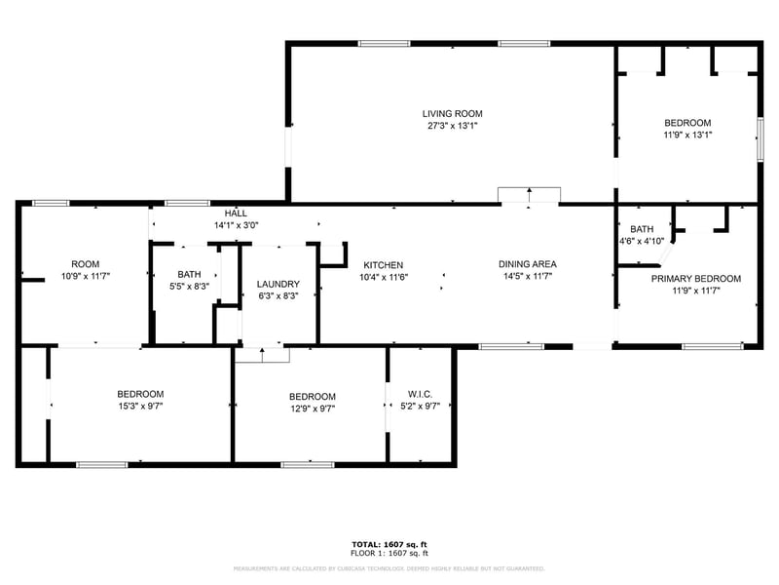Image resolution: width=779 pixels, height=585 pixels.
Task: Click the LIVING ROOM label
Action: coord(452,113)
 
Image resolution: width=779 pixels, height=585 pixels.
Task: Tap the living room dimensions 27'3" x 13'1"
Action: coord(452,126)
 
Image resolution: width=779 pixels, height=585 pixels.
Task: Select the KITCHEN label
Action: coord(383,265)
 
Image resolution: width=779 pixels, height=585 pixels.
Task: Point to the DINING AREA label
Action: coord(527,264)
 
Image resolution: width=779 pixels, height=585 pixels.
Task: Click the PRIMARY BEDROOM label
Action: coord(695,279)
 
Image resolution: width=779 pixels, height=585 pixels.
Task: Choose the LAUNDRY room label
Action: coord(278,285)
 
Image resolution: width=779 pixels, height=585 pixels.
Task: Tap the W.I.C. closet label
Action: coord(421,394)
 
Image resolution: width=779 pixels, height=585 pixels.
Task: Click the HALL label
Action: coord(236,213)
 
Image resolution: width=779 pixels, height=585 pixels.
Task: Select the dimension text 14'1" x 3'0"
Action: coord(236,225)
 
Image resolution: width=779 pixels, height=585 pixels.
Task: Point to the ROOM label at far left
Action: coord(85,264)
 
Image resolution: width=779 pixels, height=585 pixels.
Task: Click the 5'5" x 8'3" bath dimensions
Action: coord(189,287)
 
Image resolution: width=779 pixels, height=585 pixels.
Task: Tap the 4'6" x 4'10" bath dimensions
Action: coord(641,241)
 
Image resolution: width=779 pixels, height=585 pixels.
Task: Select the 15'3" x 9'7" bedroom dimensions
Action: coord(140,407)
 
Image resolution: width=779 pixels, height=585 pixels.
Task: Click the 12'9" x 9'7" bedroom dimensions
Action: coord(312,409)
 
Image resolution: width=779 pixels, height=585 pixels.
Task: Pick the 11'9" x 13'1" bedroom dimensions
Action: coord(687,136)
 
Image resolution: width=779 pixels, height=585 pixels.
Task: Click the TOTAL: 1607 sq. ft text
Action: coord(389,544)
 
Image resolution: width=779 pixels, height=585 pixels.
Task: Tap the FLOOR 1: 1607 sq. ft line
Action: coord(389,553)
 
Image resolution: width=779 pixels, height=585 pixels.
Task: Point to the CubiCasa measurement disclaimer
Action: coord(389,567)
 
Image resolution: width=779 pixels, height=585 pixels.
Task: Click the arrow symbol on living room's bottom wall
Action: coord(529,194)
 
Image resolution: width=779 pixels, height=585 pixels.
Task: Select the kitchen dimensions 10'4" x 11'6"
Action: coord(383,278)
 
